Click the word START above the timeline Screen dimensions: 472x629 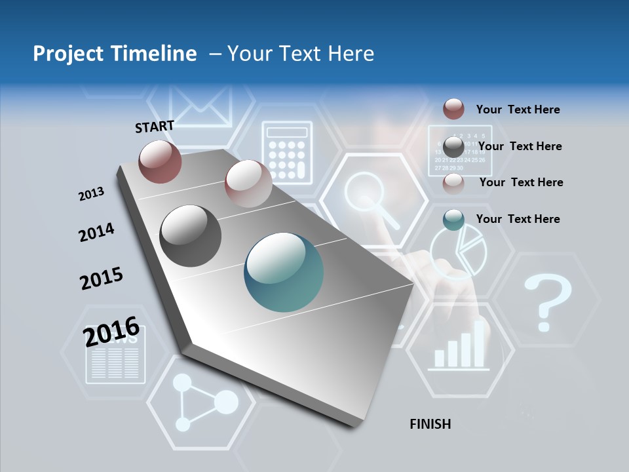click(155, 127)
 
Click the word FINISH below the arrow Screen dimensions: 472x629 click(430, 424)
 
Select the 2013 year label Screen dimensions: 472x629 click(91, 194)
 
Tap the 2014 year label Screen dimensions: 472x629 click(96, 232)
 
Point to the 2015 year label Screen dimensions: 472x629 click(101, 279)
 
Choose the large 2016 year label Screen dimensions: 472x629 click(111, 331)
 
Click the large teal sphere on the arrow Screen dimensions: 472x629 click(284, 272)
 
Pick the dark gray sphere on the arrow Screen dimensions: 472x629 click(191, 236)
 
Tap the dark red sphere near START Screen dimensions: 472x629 click(160, 161)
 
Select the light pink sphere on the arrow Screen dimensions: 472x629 click(248, 183)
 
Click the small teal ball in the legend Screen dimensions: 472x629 click(453, 220)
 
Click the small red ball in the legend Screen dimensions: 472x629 click(453, 109)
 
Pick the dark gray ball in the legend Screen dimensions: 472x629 click(453, 146)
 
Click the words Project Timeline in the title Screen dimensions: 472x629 click(115, 54)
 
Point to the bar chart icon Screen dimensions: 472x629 click(460, 348)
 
